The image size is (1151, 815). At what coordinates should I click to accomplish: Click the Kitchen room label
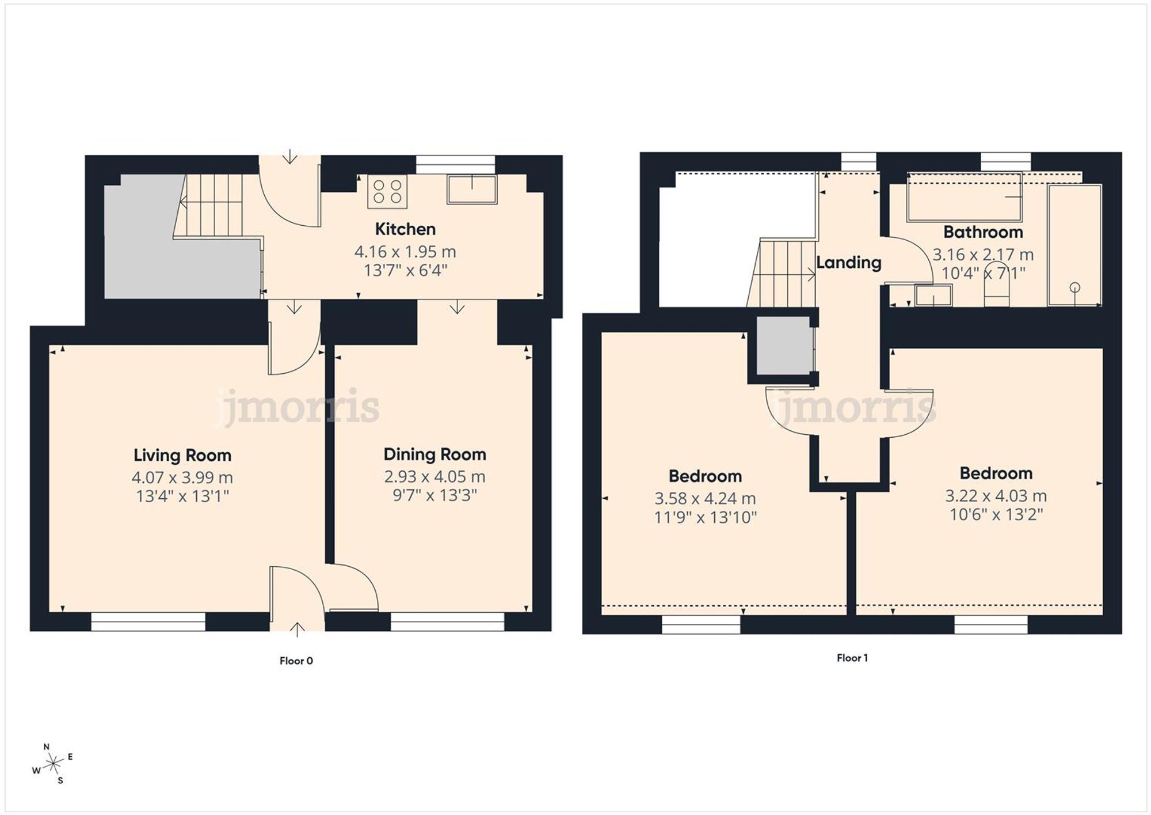pyautogui.click(x=405, y=229)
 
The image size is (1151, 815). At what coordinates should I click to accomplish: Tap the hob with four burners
pyautogui.click(x=387, y=192)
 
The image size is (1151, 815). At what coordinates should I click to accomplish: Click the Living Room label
pyautogui.click(x=182, y=456)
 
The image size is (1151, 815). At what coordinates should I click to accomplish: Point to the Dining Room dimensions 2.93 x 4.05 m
pyautogui.click(x=435, y=477)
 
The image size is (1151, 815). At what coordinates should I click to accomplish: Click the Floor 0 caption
pyautogui.click(x=296, y=661)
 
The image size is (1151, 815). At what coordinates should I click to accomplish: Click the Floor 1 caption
pyautogui.click(x=852, y=658)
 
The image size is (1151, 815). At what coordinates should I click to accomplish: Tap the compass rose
pyautogui.click(x=53, y=764)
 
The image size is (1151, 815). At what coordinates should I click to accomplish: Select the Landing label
pyautogui.click(x=849, y=263)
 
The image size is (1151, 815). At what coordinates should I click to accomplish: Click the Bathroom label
pyautogui.click(x=983, y=232)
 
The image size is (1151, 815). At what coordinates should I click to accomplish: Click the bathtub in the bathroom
pyautogui.click(x=964, y=197)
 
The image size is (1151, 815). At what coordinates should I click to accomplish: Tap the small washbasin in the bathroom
pyautogui.click(x=933, y=296)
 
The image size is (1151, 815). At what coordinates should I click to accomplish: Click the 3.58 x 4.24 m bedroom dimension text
pyautogui.click(x=705, y=499)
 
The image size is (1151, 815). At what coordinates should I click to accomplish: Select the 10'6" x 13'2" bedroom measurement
pyautogui.click(x=996, y=514)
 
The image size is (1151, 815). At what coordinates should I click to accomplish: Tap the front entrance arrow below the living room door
pyautogui.click(x=296, y=629)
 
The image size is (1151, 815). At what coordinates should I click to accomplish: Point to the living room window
pyautogui.click(x=148, y=621)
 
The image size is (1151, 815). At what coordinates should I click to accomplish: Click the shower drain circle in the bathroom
pyautogui.click(x=1074, y=287)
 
